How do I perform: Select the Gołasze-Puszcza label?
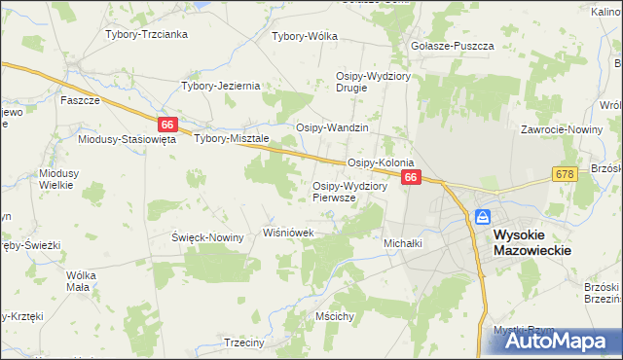(x=454, y=46)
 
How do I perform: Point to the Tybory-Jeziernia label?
(x=221, y=86)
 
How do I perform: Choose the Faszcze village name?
(x=81, y=100)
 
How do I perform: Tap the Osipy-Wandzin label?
(x=332, y=127)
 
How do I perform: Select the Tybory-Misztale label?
(x=231, y=138)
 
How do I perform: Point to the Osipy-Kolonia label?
(x=382, y=162)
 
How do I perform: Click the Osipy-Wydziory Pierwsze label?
(x=350, y=192)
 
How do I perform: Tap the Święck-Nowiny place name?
(x=207, y=237)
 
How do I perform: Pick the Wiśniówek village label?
(x=289, y=234)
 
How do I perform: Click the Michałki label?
(x=403, y=243)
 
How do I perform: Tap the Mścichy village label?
(x=334, y=316)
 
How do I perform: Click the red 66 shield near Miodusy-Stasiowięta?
(x=167, y=125)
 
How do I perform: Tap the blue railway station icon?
(x=483, y=217)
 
